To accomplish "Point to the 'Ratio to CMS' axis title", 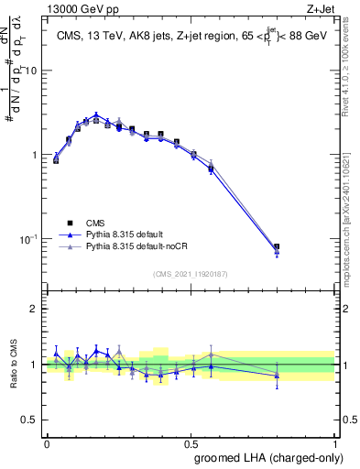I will [x=14, y=364].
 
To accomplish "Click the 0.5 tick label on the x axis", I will [x=191, y=442].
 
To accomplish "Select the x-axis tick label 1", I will [x=334, y=442].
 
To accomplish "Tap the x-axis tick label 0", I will [x=47, y=442].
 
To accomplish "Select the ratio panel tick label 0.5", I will [x=31, y=420].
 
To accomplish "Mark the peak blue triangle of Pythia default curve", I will [x=95, y=115].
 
